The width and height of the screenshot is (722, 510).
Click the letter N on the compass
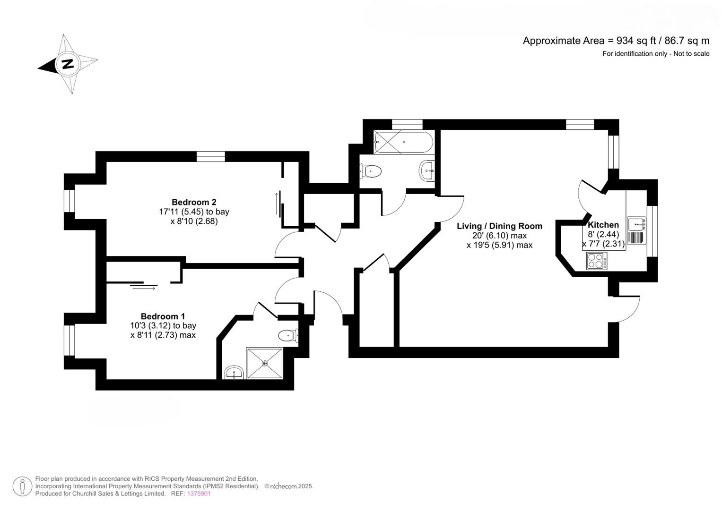[x=68, y=64]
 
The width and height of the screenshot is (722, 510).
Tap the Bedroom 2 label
[x=194, y=202]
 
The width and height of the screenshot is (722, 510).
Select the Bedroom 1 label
[x=163, y=316]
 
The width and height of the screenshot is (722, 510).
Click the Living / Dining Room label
[x=499, y=226]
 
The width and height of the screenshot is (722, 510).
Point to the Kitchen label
[x=603, y=225]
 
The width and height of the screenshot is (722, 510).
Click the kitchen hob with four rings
[x=597, y=261]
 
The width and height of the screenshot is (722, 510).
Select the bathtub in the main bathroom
[x=403, y=142]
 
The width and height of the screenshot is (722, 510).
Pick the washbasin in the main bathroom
[x=427, y=170]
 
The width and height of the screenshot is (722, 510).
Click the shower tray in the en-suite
[x=265, y=363]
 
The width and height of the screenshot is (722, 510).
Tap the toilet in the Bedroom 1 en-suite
[x=288, y=335]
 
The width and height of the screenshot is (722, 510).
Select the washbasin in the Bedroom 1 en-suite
[x=234, y=373]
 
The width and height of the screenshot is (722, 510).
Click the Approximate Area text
[x=616, y=41]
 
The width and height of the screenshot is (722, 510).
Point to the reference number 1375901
[x=199, y=493]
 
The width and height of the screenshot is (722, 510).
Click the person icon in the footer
[x=22, y=486]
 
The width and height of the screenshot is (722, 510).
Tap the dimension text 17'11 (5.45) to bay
[x=194, y=212]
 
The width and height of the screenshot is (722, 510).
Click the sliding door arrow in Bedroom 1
[x=144, y=289]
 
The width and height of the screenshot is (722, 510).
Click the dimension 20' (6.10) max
[x=499, y=235]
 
